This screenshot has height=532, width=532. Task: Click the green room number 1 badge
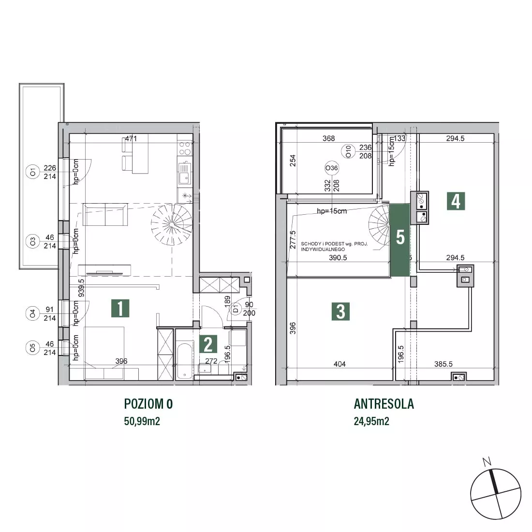tap(120, 308)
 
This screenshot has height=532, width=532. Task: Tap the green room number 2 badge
tap(208, 344)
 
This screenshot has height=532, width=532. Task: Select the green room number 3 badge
tap(340, 311)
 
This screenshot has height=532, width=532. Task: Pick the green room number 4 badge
tap(456, 201)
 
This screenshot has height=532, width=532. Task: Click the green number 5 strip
tap(399, 239)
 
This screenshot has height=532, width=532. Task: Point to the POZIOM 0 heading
tap(148, 404)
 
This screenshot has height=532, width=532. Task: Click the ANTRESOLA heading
tap(384, 404)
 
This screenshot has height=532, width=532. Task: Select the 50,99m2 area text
tap(142, 421)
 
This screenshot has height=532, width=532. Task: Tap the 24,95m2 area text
tap(371, 421)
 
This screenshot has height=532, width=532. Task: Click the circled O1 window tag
tap(33, 172)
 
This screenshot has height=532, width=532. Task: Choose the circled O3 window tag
tap(32, 241)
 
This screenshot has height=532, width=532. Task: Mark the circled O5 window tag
tap(32, 348)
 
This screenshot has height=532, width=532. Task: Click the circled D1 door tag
tap(236, 309)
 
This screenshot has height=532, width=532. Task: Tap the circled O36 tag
tap(331, 168)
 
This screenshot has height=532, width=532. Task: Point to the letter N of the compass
tap(487, 461)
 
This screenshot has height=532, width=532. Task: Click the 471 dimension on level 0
tap(131, 138)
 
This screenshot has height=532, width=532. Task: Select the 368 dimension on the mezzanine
tap(328, 138)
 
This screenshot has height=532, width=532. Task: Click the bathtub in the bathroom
tap(185, 361)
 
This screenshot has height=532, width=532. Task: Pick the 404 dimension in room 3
tap(340, 364)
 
